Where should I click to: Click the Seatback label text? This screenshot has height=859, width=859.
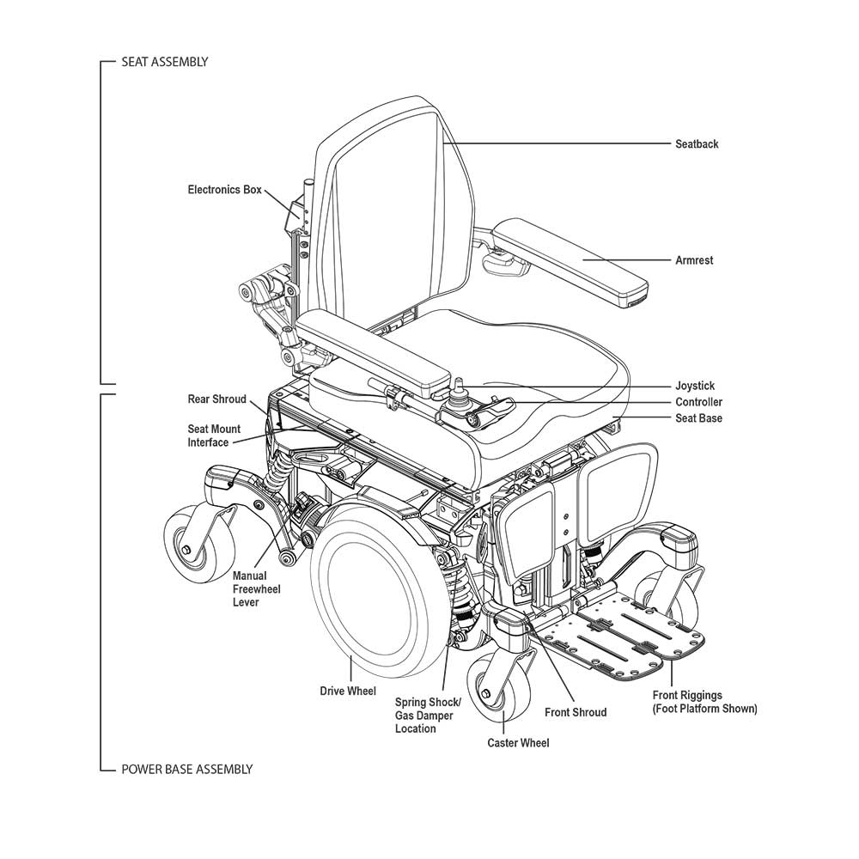point(696,144)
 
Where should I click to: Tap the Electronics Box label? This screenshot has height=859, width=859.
point(224,190)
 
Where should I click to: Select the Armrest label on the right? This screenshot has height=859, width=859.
point(694,260)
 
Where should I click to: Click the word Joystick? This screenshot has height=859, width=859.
point(694,387)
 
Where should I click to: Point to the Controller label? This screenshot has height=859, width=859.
point(698,402)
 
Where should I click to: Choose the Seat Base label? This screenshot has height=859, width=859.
point(698,418)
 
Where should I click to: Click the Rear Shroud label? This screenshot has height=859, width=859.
point(216,399)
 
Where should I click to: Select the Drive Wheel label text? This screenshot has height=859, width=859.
point(348,691)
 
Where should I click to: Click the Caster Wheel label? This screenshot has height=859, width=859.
point(518,743)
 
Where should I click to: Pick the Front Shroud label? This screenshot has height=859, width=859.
point(575,712)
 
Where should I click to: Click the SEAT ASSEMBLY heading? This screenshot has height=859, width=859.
point(165,63)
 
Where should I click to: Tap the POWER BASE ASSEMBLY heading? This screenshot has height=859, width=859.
point(186,769)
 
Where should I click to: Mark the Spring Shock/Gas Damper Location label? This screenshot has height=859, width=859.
point(428,716)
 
